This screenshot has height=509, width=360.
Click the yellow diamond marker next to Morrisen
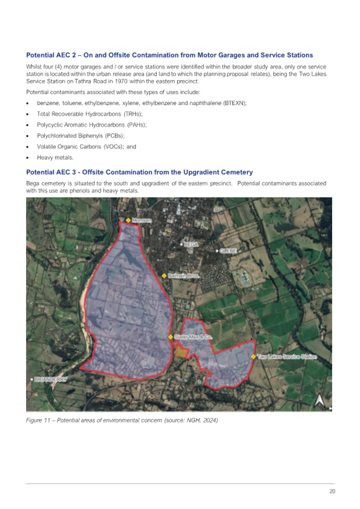pyautogui.click(x=128, y=220)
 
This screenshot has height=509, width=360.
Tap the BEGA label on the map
pyautogui.click(x=191, y=244)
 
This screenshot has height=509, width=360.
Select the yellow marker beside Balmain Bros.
pyautogui.click(x=164, y=276)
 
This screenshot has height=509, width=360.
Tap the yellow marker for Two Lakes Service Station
pyautogui.click(x=253, y=356)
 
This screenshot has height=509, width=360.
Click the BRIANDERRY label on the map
pyautogui.click(x=50, y=379)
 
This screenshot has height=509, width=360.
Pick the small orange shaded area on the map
pyautogui.click(x=182, y=352)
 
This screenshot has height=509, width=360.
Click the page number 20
pyautogui.click(x=332, y=491)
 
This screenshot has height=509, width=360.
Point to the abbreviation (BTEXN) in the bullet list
pyautogui.click(x=234, y=102)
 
